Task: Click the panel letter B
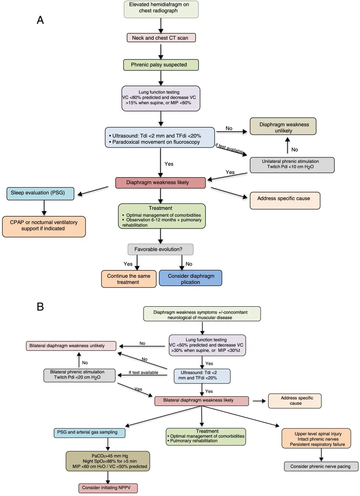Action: [40, 307]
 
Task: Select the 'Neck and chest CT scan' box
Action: [161, 38]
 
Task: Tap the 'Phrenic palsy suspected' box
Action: [161, 65]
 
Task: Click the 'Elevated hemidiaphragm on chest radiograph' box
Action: [161, 9]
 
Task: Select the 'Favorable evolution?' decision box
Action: [161, 249]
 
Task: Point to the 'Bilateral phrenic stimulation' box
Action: [79, 375]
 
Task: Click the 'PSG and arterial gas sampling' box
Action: [85, 433]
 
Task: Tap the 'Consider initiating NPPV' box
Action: [108, 487]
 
